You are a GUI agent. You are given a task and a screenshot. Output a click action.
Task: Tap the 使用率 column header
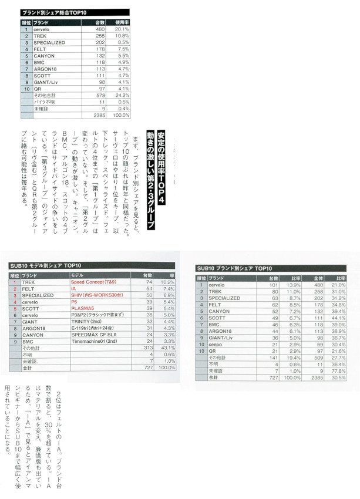tap(122, 22)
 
